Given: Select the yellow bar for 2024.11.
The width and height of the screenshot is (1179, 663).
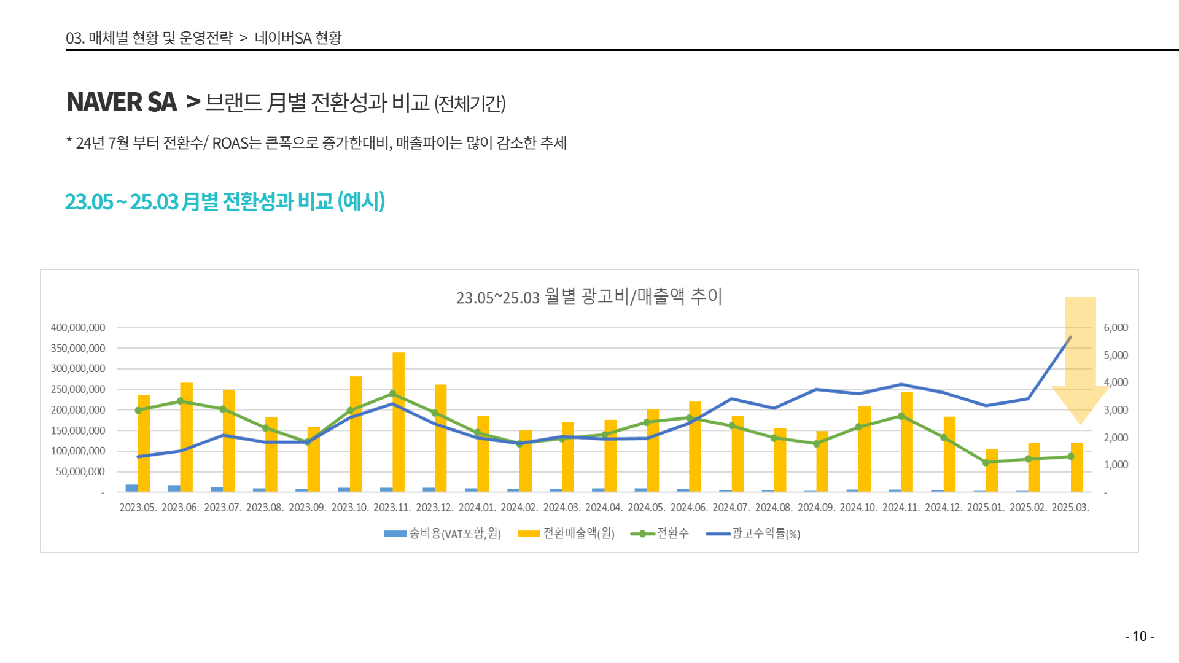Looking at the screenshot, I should [x=907, y=441].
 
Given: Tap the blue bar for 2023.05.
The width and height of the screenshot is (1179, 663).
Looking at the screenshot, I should [x=131, y=488].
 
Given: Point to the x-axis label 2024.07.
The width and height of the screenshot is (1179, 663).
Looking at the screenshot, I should [x=731, y=508].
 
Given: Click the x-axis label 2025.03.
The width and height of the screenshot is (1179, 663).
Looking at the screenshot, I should [x=1070, y=508].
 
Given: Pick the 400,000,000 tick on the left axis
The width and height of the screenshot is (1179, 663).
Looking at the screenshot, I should [x=78, y=328].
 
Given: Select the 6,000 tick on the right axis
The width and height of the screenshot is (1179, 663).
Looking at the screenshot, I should [x=1116, y=328].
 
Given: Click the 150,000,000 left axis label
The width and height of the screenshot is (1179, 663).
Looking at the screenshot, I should [x=78, y=430].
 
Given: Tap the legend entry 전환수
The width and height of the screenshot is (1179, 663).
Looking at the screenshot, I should [x=672, y=533].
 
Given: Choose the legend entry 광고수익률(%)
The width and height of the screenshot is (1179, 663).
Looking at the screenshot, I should [x=766, y=533].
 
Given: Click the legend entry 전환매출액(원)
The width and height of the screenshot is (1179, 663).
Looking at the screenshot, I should [x=578, y=533].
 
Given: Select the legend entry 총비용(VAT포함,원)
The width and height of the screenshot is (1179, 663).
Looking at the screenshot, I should [x=455, y=533].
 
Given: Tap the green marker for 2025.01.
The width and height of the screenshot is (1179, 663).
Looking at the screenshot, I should [x=986, y=463].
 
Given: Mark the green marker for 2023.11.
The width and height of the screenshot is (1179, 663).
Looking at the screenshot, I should [x=393, y=394].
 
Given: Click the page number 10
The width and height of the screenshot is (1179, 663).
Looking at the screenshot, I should [x=1139, y=637].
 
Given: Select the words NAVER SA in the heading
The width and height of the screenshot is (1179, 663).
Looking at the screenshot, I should [x=122, y=102].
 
